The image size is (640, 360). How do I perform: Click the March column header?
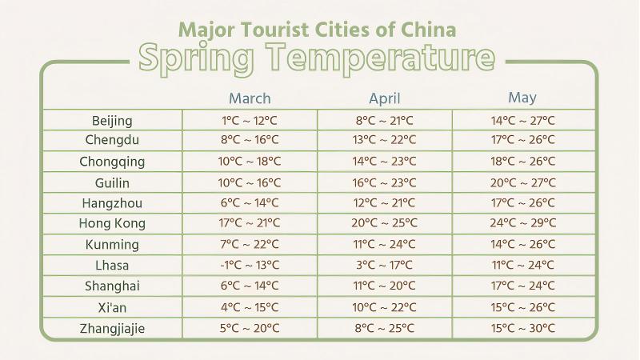(250, 98)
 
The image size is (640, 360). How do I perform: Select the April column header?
(385, 98)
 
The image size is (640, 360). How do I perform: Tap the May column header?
(522, 98)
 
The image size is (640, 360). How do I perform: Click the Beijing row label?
(112, 121)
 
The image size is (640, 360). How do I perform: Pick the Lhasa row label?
(112, 265)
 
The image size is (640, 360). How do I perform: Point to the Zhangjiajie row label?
(112, 327)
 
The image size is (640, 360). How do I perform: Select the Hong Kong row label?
(112, 223)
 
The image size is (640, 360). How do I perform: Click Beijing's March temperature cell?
(250, 121)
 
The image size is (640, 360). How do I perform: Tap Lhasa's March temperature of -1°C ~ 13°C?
(250, 265)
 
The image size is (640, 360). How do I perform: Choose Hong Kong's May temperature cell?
(523, 223)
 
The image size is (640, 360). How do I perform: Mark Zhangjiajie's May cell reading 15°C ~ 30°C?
(523, 327)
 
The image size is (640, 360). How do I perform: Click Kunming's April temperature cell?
(385, 244)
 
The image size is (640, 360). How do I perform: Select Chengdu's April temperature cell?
(385, 140)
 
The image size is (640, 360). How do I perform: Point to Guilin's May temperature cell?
(523, 182)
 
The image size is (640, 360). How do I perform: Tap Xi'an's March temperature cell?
(250, 306)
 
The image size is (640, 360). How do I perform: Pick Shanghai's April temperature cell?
(385, 286)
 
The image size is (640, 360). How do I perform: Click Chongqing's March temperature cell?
(250, 161)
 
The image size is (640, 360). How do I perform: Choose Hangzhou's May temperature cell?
(523, 202)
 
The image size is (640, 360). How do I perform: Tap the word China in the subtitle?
(431, 30)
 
